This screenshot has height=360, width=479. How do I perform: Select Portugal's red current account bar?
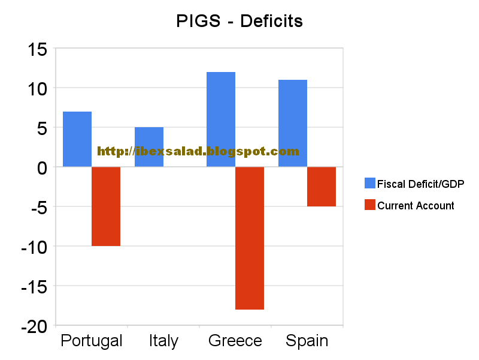click(x=106, y=206)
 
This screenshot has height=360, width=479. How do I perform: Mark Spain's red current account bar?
click(x=322, y=187)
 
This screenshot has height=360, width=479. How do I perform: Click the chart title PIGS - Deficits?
click(x=239, y=22)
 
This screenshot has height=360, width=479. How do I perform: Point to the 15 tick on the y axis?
click(x=37, y=49)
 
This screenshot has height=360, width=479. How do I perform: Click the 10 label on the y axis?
click(x=37, y=88)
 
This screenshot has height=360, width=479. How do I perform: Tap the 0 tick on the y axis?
click(x=42, y=167)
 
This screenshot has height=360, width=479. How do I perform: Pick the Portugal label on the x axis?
click(x=92, y=341)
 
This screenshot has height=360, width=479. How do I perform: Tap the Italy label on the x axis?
click(x=163, y=341)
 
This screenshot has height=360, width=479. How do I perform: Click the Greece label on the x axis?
click(x=235, y=341)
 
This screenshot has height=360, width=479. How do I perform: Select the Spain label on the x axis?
click(x=307, y=341)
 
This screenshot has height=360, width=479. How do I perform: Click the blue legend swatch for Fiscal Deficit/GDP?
click(x=369, y=184)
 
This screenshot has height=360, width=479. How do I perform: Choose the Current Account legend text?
click(x=416, y=206)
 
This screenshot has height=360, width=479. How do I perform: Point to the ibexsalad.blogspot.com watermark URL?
click(x=198, y=152)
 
